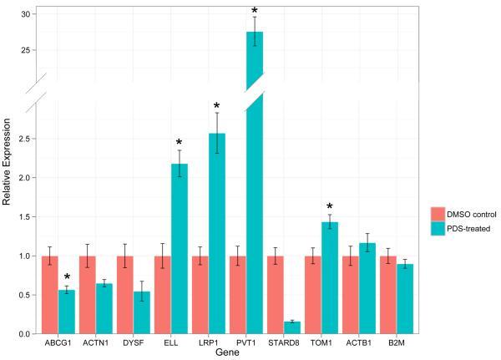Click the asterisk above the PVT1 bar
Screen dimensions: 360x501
[255, 12]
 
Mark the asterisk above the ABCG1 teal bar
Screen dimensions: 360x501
[67, 276]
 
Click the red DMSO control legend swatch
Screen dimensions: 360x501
[435, 214]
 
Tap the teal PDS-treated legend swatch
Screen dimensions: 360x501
[435, 228]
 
